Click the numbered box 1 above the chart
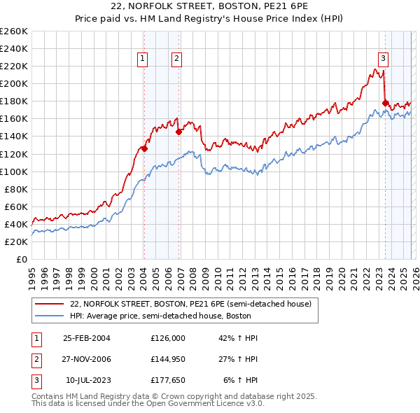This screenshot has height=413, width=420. click(x=143, y=59)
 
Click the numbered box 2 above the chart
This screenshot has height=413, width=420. click(x=176, y=59)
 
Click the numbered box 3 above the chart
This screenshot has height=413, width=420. click(x=384, y=59)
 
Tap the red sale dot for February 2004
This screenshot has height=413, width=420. click(x=144, y=148)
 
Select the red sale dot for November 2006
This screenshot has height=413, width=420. click(x=178, y=132)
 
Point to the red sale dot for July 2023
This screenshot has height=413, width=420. click(x=385, y=103)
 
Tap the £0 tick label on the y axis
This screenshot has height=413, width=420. click(x=21, y=259)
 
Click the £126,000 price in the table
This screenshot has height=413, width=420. click(x=167, y=338)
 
